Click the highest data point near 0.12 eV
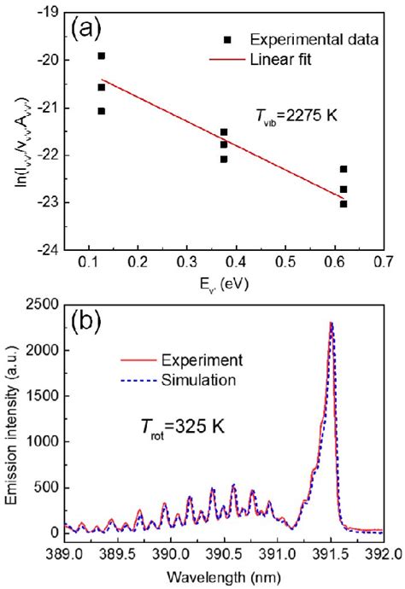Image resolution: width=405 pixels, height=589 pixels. [102, 55]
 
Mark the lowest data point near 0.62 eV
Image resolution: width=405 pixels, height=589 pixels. [343, 204]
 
